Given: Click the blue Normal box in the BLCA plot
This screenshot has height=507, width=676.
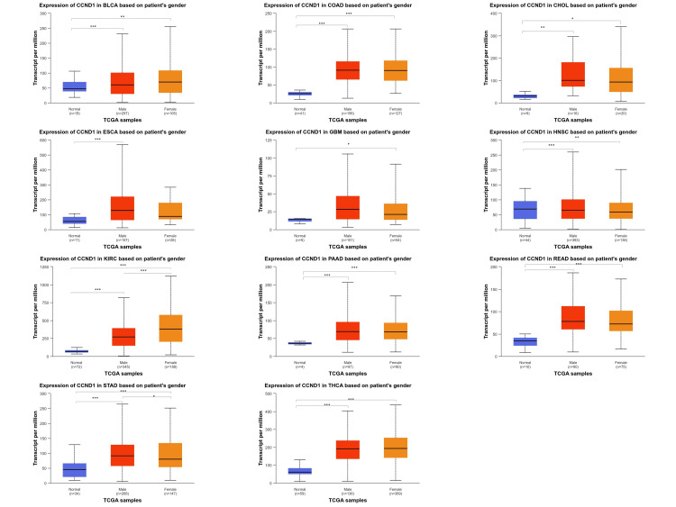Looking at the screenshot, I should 74,86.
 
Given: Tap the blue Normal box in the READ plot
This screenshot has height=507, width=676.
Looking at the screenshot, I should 525,340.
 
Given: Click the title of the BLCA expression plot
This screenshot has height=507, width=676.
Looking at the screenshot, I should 120,6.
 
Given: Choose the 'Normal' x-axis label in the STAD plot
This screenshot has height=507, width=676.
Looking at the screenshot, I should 74,491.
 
